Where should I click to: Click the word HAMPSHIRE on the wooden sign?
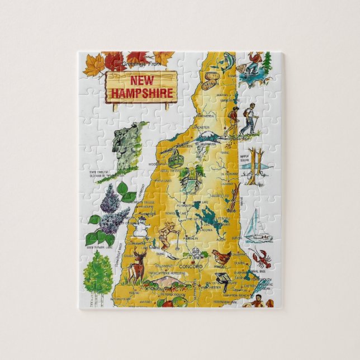tap(141, 93)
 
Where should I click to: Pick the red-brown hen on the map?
tap(222, 257)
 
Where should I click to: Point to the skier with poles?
tap(167, 235)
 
